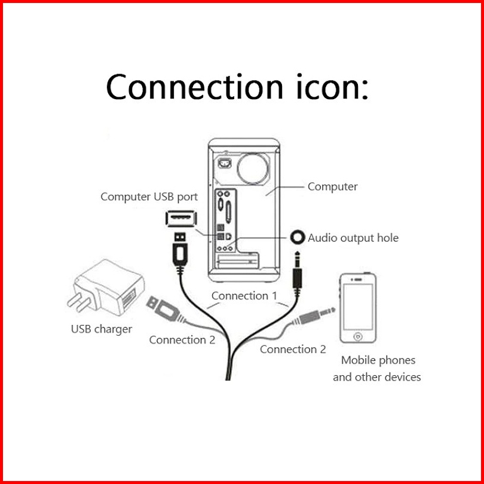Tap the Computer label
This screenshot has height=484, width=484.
[x=332, y=186]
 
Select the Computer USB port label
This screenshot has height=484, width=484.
[x=149, y=197]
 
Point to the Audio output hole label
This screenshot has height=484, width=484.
[x=353, y=238]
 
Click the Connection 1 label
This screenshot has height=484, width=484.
[x=244, y=295]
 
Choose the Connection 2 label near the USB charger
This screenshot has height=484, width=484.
[x=182, y=340]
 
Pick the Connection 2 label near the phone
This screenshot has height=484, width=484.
[x=293, y=349]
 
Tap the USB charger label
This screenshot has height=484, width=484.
[x=102, y=329]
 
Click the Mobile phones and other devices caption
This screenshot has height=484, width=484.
[x=377, y=369]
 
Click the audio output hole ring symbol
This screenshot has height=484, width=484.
[x=298, y=237]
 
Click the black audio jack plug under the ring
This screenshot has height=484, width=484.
[x=298, y=272]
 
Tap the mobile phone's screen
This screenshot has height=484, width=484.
[x=358, y=305]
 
